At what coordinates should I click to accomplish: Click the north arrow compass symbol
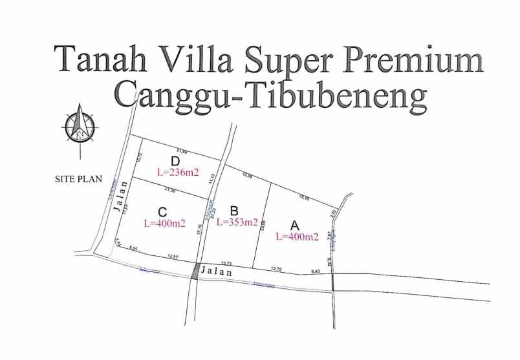click(80, 127)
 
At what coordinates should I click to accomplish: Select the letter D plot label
click(175, 161)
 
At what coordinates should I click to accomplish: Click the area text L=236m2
click(177, 173)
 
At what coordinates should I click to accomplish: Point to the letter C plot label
click(162, 211)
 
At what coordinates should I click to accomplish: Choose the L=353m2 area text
click(237, 222)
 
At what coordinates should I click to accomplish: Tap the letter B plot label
click(234, 210)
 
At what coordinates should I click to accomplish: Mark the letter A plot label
click(295, 225)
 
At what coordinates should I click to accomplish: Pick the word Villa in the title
click(192, 59)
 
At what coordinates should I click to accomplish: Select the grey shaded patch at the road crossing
click(196, 271)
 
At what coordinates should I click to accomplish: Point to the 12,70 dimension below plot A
click(276, 268)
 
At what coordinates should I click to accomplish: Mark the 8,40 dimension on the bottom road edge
click(316, 271)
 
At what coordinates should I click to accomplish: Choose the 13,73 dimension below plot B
click(226, 263)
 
